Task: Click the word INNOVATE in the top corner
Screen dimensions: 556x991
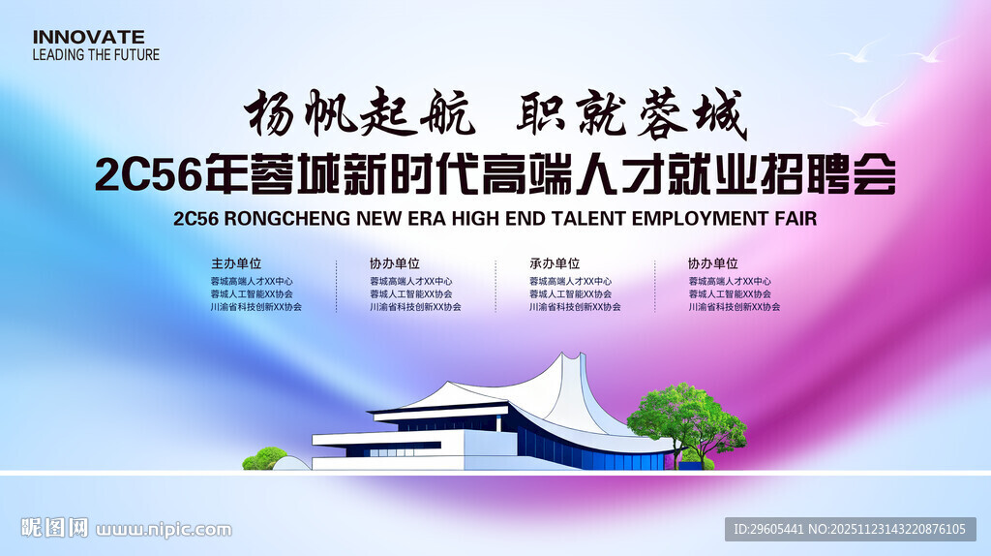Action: (x=88, y=37)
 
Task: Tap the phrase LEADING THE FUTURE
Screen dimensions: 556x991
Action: (x=96, y=55)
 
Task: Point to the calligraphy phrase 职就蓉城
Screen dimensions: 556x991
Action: (x=631, y=115)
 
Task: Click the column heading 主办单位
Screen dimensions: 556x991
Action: (x=236, y=263)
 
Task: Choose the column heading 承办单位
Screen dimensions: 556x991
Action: (x=555, y=263)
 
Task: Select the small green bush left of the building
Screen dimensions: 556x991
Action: (x=264, y=458)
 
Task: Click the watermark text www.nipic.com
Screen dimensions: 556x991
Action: (x=164, y=530)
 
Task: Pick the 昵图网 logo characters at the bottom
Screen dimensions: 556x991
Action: (x=55, y=529)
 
